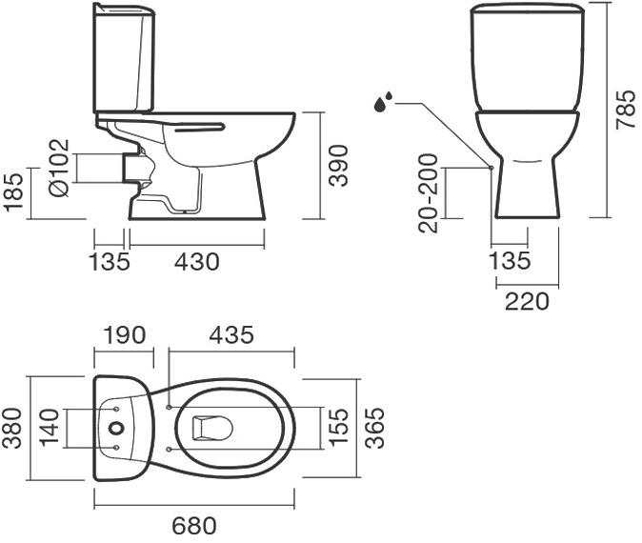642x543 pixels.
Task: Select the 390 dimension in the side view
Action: (339, 166)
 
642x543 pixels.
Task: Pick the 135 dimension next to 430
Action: (110, 260)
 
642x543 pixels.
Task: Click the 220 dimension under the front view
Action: (527, 301)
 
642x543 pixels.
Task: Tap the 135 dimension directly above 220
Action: (510, 261)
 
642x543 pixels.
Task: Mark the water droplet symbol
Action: (384, 100)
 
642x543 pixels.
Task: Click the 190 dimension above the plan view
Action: (124, 335)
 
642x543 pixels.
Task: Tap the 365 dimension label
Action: (373, 428)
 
